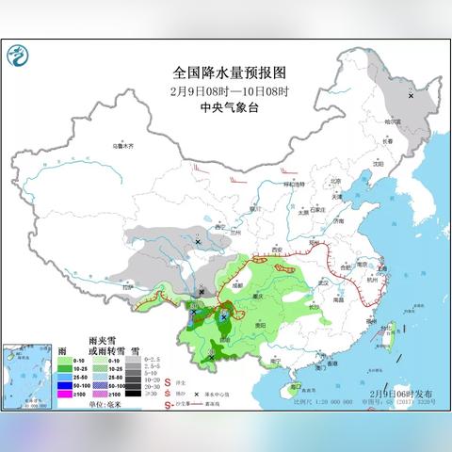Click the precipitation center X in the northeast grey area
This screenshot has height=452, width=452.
(x=412, y=95)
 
